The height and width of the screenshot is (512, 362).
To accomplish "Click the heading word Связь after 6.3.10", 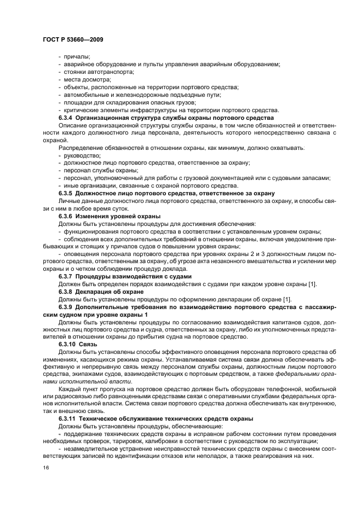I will [89, 345].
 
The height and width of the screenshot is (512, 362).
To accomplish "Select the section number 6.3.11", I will [68, 418].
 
